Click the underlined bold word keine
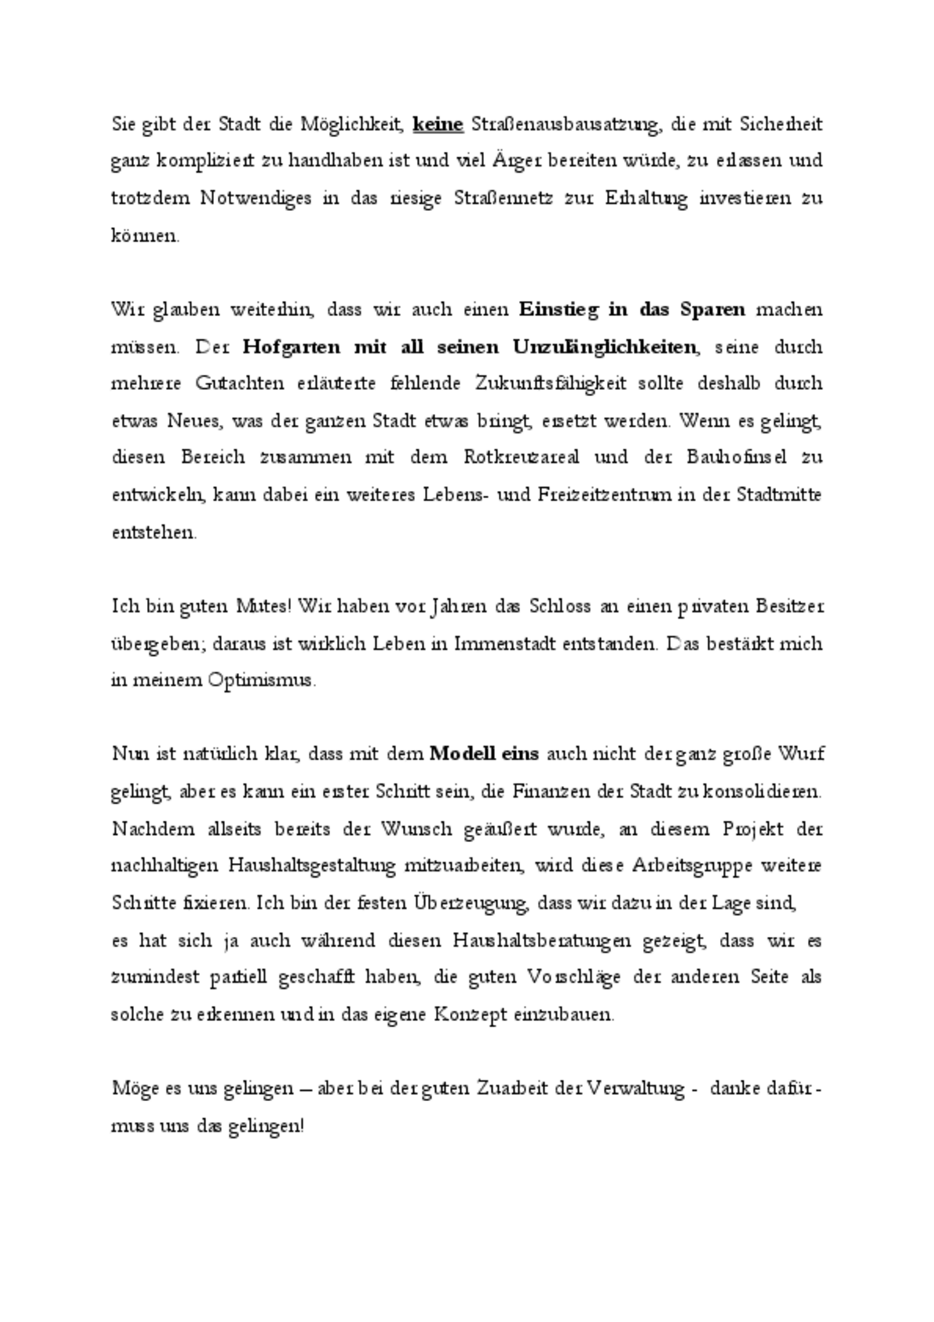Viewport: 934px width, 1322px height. pyautogui.click(x=437, y=124)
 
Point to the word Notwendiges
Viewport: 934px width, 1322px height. pyautogui.click(x=253, y=198)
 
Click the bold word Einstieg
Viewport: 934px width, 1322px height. pyautogui.click(x=559, y=310)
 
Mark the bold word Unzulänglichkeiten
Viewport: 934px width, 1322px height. pyautogui.click(x=605, y=347)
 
